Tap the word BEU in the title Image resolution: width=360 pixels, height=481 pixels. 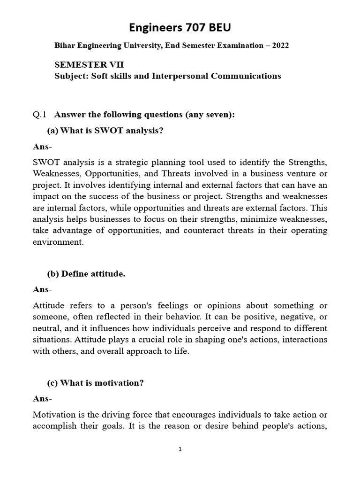[219, 29]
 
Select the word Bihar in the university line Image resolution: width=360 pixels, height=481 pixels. [65, 46]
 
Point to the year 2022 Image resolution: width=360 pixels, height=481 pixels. [279, 46]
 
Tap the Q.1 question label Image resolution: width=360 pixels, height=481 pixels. [40, 114]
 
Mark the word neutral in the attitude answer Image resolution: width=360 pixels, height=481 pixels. [46, 328]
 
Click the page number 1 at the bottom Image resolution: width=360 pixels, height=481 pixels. [180, 450]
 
